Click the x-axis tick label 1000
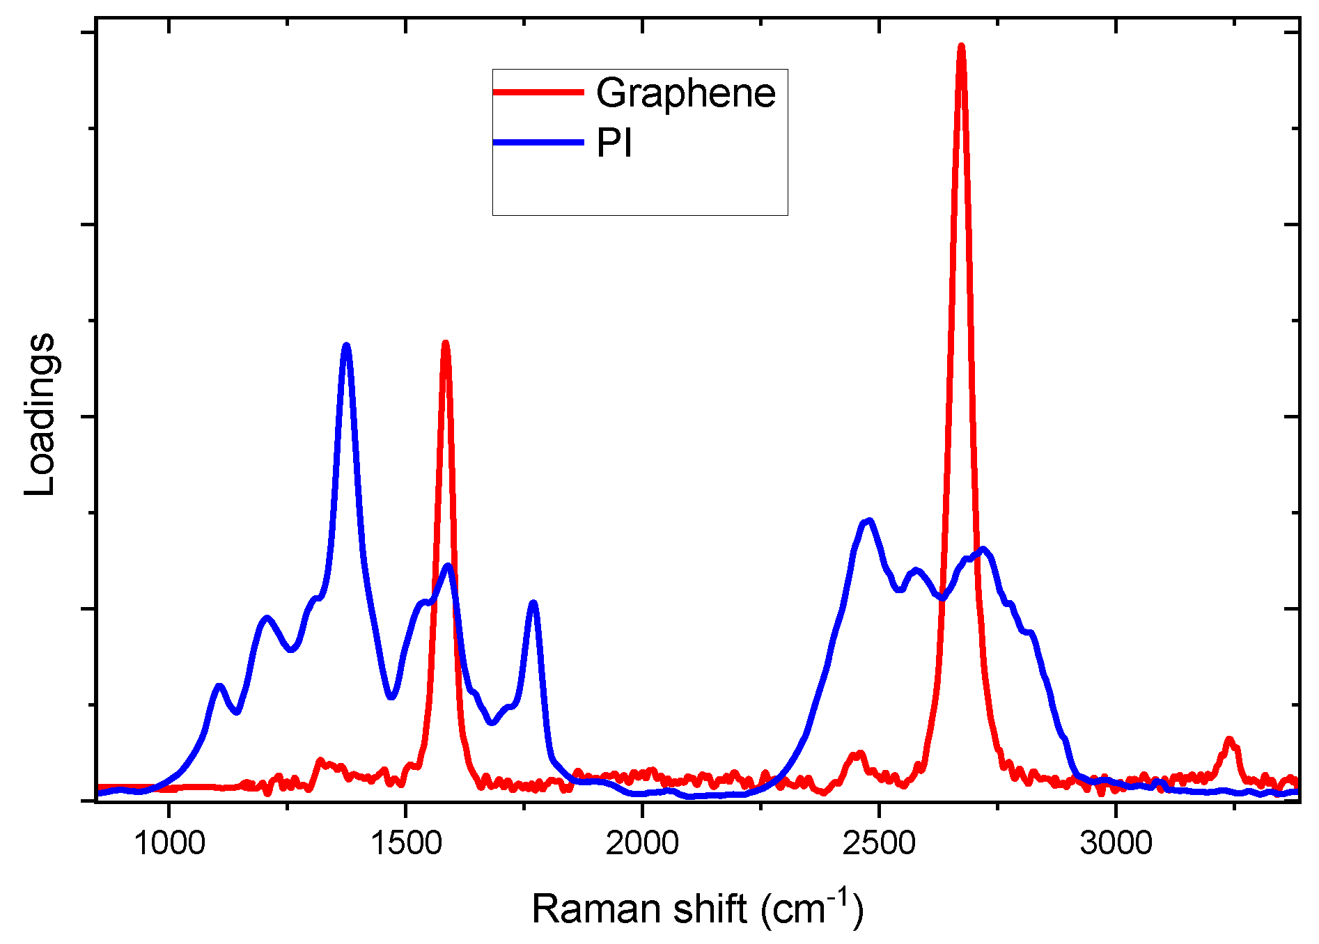(x=169, y=844)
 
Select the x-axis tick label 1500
(x=406, y=844)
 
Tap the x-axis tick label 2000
(x=642, y=844)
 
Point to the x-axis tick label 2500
(x=879, y=844)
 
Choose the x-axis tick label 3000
(x=1116, y=844)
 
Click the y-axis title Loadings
(x=40, y=415)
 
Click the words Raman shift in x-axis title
(x=639, y=909)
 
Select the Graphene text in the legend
(x=685, y=93)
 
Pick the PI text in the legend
(x=614, y=143)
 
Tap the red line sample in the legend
(x=538, y=92)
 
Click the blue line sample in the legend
(x=538, y=143)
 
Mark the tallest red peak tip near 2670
(x=961, y=46)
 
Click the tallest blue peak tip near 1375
(x=346, y=345)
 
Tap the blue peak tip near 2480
(x=868, y=521)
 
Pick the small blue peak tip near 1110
(x=220, y=686)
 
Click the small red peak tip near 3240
(x=1229, y=739)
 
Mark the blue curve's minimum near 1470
(x=391, y=697)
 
